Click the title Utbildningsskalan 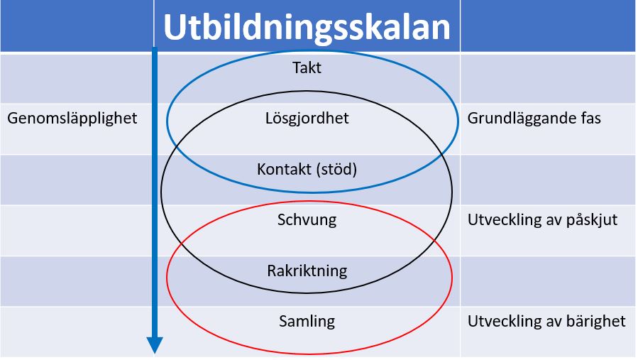[x=307, y=27]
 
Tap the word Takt [x=307, y=67]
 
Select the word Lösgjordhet [x=307, y=118]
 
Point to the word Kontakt [x=284, y=168]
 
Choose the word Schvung [x=307, y=220]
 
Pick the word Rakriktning [x=307, y=271]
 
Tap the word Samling [x=307, y=322]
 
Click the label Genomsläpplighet [x=72, y=119]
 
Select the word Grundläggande [x=516, y=119]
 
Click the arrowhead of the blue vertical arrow [x=155, y=345]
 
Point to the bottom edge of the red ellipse [x=309, y=353]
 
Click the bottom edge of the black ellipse [x=306, y=292]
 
